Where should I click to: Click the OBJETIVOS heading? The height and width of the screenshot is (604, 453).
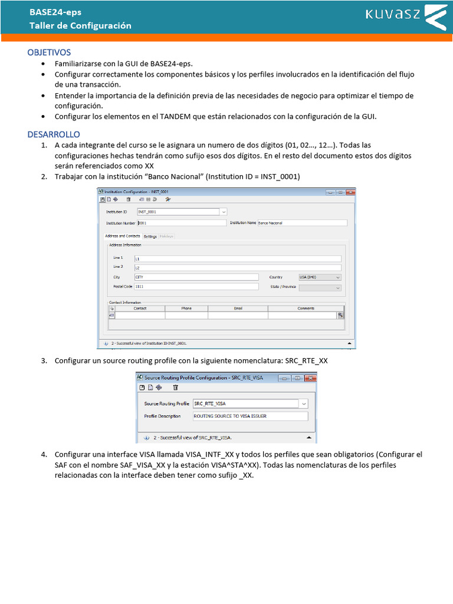(x=49, y=52)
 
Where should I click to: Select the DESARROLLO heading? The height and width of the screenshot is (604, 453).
(x=54, y=134)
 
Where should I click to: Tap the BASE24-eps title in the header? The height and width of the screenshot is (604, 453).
(x=56, y=12)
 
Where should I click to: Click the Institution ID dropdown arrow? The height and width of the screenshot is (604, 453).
(x=223, y=211)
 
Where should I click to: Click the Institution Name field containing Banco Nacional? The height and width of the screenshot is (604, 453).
(x=302, y=223)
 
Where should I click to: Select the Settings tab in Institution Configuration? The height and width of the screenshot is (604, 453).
(x=150, y=236)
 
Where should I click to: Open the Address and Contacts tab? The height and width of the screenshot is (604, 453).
(x=123, y=236)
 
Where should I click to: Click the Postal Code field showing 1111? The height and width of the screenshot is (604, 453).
(x=196, y=287)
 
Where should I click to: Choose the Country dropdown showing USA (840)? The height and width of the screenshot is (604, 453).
(x=320, y=277)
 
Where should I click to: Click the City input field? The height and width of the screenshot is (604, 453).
(x=196, y=277)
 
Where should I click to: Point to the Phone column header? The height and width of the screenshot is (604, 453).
(x=186, y=308)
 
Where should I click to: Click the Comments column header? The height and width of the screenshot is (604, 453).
(x=306, y=308)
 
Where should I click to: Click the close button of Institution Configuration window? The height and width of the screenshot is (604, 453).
(x=350, y=192)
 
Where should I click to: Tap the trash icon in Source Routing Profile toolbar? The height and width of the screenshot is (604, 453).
(x=175, y=388)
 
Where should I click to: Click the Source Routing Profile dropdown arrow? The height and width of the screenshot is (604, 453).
(x=303, y=403)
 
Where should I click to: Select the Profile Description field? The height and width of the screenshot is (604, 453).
(x=250, y=416)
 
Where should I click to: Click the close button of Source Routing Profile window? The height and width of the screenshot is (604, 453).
(x=310, y=377)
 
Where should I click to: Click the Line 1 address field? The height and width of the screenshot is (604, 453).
(x=237, y=258)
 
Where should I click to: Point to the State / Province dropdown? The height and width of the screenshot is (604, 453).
(x=320, y=287)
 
